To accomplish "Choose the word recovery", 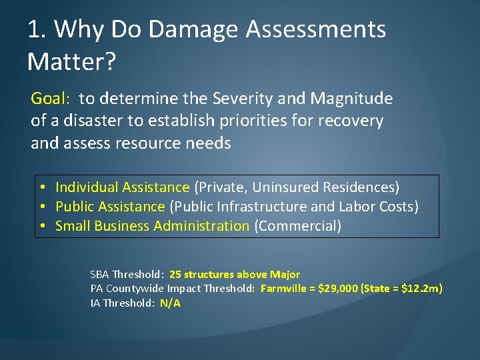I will tap(352, 121).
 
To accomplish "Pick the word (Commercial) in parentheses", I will tap(297, 226).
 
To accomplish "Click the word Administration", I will tap(201, 226).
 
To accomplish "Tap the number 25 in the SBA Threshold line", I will tap(175, 274).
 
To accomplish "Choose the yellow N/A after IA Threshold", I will tap(170, 303).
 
